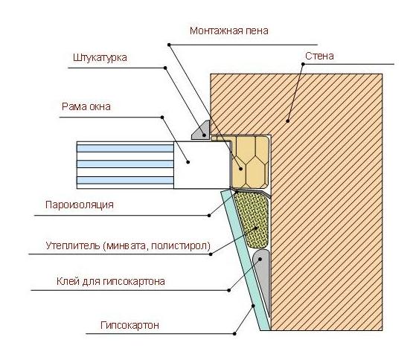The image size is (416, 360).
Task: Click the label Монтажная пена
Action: tap(229, 30)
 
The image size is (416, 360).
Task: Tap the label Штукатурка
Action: tap(100, 58)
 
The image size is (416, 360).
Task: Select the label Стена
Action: tap(319, 56)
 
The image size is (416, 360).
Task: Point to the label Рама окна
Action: tap(86, 106)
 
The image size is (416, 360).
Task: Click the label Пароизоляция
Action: tap(80, 205)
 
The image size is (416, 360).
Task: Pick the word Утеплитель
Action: tap(73, 245)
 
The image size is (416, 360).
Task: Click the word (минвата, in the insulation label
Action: tap(124, 245)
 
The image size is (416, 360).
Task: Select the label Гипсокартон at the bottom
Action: tap(129, 325)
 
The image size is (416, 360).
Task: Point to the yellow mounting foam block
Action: tap(249, 162)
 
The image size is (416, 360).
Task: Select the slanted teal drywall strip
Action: tap(245, 260)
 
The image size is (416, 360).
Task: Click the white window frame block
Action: tap(202, 165)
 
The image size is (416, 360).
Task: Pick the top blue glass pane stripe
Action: tap(125, 148)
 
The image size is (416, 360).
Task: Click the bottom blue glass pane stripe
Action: tap(125, 181)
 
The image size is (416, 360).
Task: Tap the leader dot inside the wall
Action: tap(288, 121)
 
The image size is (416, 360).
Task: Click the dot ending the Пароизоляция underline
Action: tap(209, 216)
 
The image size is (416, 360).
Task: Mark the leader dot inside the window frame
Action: tap(188, 161)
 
